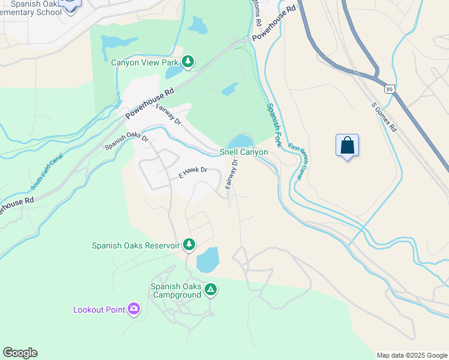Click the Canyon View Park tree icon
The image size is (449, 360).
(x=188, y=61)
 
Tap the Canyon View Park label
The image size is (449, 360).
(x=145, y=62)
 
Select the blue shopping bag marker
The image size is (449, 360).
(x=347, y=145)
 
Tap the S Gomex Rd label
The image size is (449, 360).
(x=384, y=117)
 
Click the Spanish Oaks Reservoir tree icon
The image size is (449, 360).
(x=189, y=244)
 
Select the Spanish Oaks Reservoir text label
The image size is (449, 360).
(x=136, y=245)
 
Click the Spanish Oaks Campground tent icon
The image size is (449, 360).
(x=210, y=290)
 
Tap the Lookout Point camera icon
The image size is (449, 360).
(x=134, y=310)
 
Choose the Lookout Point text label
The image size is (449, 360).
(x=99, y=310)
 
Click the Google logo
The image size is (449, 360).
(x=20, y=353)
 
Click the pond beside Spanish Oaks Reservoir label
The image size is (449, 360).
(x=208, y=259)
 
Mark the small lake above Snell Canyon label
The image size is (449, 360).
(x=241, y=141)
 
